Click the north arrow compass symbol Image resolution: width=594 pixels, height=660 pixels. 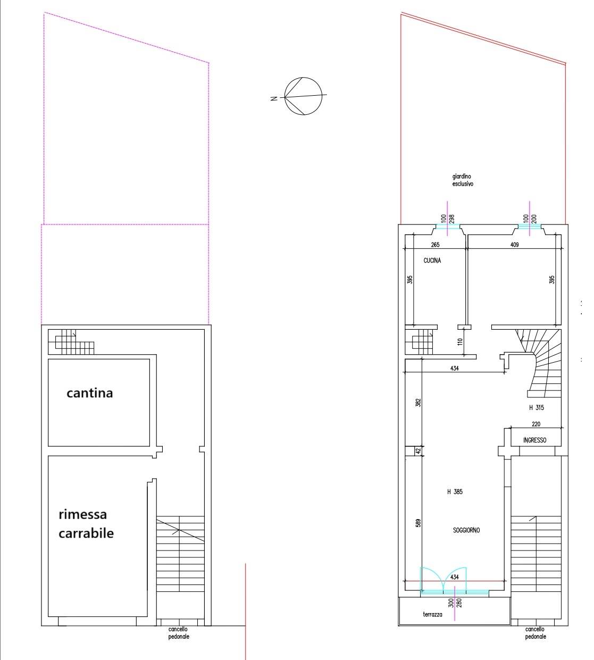[x=303, y=96]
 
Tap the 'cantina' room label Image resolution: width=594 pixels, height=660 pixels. [x=89, y=393]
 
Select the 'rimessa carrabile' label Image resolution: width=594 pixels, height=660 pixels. [x=86, y=524]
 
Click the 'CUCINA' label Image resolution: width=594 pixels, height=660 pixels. [x=432, y=261]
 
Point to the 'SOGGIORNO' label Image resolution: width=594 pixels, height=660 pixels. [x=466, y=530]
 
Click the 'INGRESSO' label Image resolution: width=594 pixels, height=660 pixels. [x=534, y=440]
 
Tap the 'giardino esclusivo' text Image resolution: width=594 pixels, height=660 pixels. [x=462, y=180]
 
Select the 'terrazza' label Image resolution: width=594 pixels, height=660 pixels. [x=432, y=614]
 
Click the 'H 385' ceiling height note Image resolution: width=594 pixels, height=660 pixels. [x=455, y=492]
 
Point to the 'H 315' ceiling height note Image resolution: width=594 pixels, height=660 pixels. [x=536, y=408]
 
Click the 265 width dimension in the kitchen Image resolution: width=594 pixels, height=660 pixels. [x=435, y=245]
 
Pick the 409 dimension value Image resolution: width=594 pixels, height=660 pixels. [x=514, y=245]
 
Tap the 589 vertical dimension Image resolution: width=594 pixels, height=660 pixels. [x=419, y=523]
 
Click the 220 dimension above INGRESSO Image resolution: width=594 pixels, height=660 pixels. [x=536, y=424]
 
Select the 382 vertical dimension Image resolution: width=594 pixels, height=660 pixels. [x=419, y=403]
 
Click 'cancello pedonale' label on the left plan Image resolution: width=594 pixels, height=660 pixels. [x=178, y=633]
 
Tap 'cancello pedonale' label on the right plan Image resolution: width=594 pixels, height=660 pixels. [x=534, y=633]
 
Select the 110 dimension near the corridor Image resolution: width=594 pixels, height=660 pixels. [x=460, y=341]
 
